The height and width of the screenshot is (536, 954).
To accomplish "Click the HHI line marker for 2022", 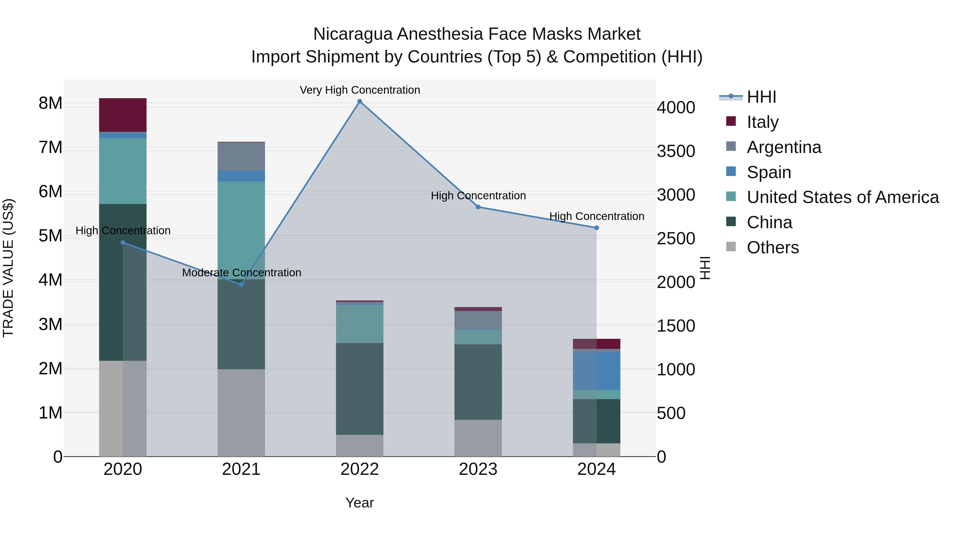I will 360,101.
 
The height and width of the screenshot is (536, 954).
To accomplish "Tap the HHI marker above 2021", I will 241,285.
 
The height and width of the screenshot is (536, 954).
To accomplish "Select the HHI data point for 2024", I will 597,228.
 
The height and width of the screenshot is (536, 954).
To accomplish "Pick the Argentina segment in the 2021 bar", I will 241,156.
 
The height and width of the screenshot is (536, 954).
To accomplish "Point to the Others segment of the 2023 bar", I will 478,438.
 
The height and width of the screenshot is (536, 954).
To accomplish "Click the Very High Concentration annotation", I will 360,90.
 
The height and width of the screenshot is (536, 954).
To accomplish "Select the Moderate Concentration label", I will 241,273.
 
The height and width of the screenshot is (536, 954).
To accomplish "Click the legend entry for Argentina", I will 784,147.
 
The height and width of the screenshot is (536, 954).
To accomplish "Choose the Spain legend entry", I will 769,172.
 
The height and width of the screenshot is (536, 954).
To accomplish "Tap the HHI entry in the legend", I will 761,97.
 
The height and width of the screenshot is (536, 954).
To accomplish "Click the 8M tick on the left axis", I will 50,103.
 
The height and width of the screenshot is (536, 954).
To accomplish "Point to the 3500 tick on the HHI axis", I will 676,151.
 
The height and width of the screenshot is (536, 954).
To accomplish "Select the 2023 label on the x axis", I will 478,469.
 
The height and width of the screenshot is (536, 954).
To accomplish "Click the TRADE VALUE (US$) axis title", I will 8,268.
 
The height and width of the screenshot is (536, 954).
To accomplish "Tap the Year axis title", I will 360,503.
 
